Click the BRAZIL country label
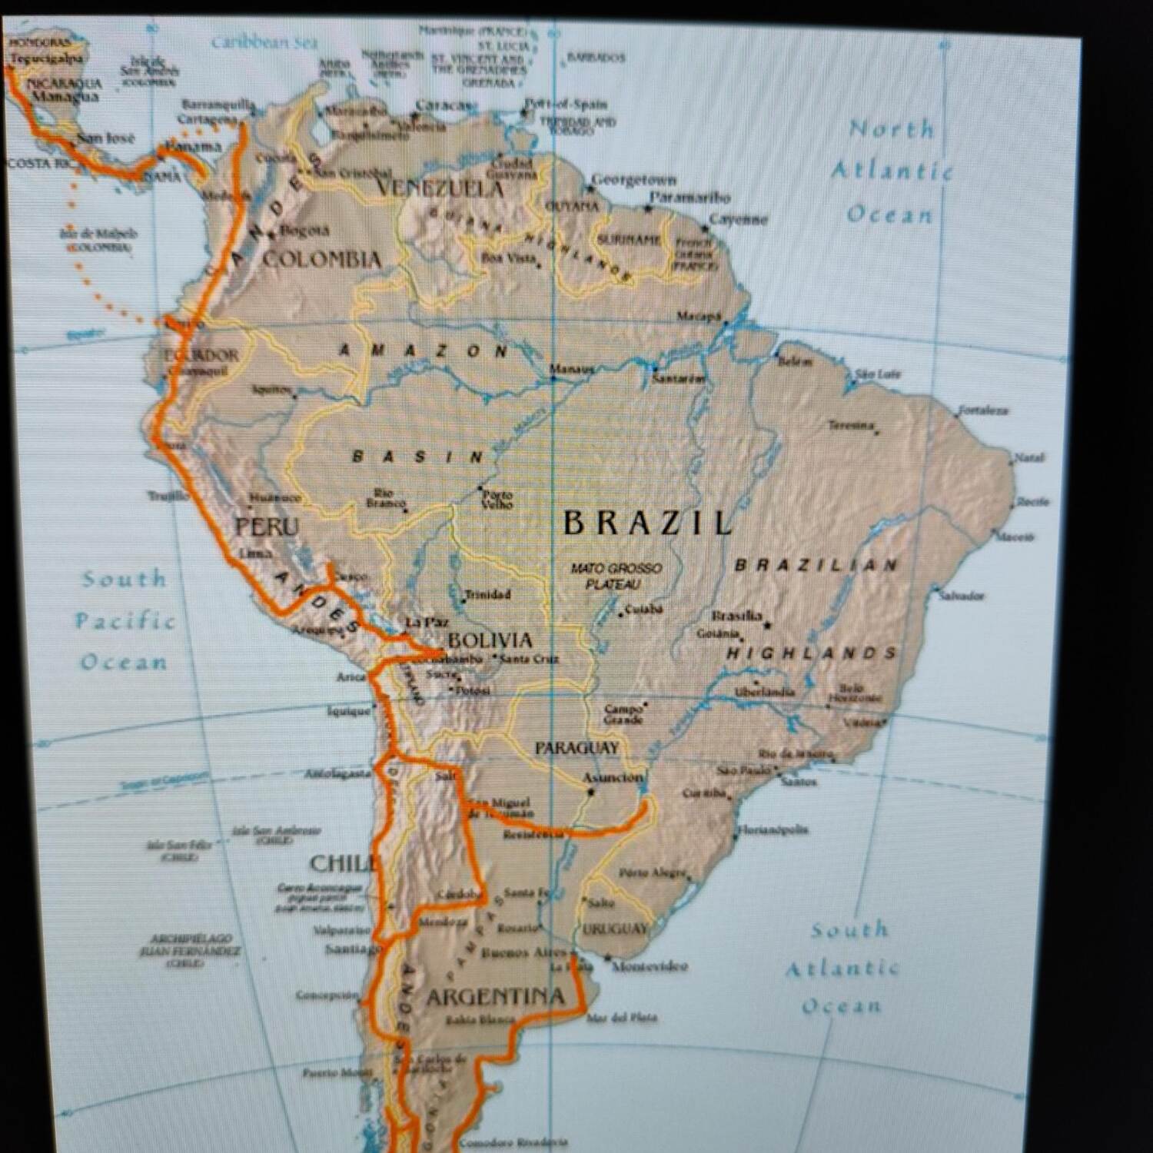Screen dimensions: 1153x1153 (x=647, y=523)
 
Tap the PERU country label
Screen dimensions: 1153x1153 (x=267, y=527)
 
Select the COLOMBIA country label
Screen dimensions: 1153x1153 (x=322, y=259)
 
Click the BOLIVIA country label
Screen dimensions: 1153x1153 (x=490, y=640)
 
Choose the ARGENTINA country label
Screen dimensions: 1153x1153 (x=496, y=998)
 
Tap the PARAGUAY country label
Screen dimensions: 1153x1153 (x=576, y=747)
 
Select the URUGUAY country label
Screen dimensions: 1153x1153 (x=615, y=929)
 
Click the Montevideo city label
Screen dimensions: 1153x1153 (x=650, y=966)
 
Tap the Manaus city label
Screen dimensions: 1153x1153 (x=572, y=370)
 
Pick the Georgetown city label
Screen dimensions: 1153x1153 (x=634, y=181)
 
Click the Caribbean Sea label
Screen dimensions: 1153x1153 (x=264, y=43)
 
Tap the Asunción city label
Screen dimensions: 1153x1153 (x=612, y=778)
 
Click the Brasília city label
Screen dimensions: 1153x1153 (x=736, y=616)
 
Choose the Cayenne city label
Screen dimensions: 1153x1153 (x=738, y=220)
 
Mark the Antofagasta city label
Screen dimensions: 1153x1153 (x=337, y=774)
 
